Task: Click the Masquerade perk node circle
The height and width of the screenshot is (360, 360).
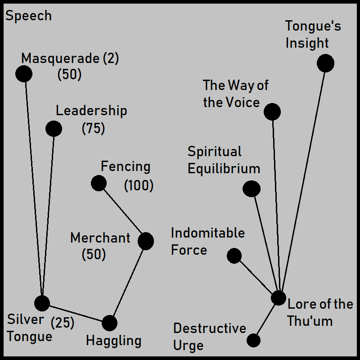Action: click(24, 74)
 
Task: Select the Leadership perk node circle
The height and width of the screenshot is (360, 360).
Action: click(54, 129)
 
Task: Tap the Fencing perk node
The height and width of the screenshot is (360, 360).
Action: click(99, 183)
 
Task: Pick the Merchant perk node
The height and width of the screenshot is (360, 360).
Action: click(146, 241)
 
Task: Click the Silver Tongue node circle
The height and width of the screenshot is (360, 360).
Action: click(42, 303)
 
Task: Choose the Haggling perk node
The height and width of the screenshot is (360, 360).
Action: click(109, 323)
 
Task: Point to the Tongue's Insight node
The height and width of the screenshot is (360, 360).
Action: click(325, 63)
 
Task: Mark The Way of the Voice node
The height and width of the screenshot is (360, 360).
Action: click(272, 112)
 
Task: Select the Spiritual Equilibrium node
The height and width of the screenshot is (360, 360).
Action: click(252, 189)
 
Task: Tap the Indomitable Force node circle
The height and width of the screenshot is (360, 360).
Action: click(234, 256)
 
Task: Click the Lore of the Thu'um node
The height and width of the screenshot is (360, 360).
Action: click(279, 297)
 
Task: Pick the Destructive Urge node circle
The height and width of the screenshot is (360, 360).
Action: click(253, 340)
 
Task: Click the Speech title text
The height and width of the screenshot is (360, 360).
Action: click(28, 16)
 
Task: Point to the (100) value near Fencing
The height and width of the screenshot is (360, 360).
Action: click(139, 185)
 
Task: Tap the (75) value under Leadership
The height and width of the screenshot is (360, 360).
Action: click(93, 129)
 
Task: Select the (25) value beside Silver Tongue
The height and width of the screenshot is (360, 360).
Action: click(63, 323)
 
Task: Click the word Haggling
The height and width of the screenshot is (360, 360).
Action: click(113, 341)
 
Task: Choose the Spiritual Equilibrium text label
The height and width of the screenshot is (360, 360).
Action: click(224, 160)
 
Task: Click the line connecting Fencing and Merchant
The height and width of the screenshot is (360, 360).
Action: click(122, 212)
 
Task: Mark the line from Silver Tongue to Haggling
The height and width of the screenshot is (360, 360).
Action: click(76, 313)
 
